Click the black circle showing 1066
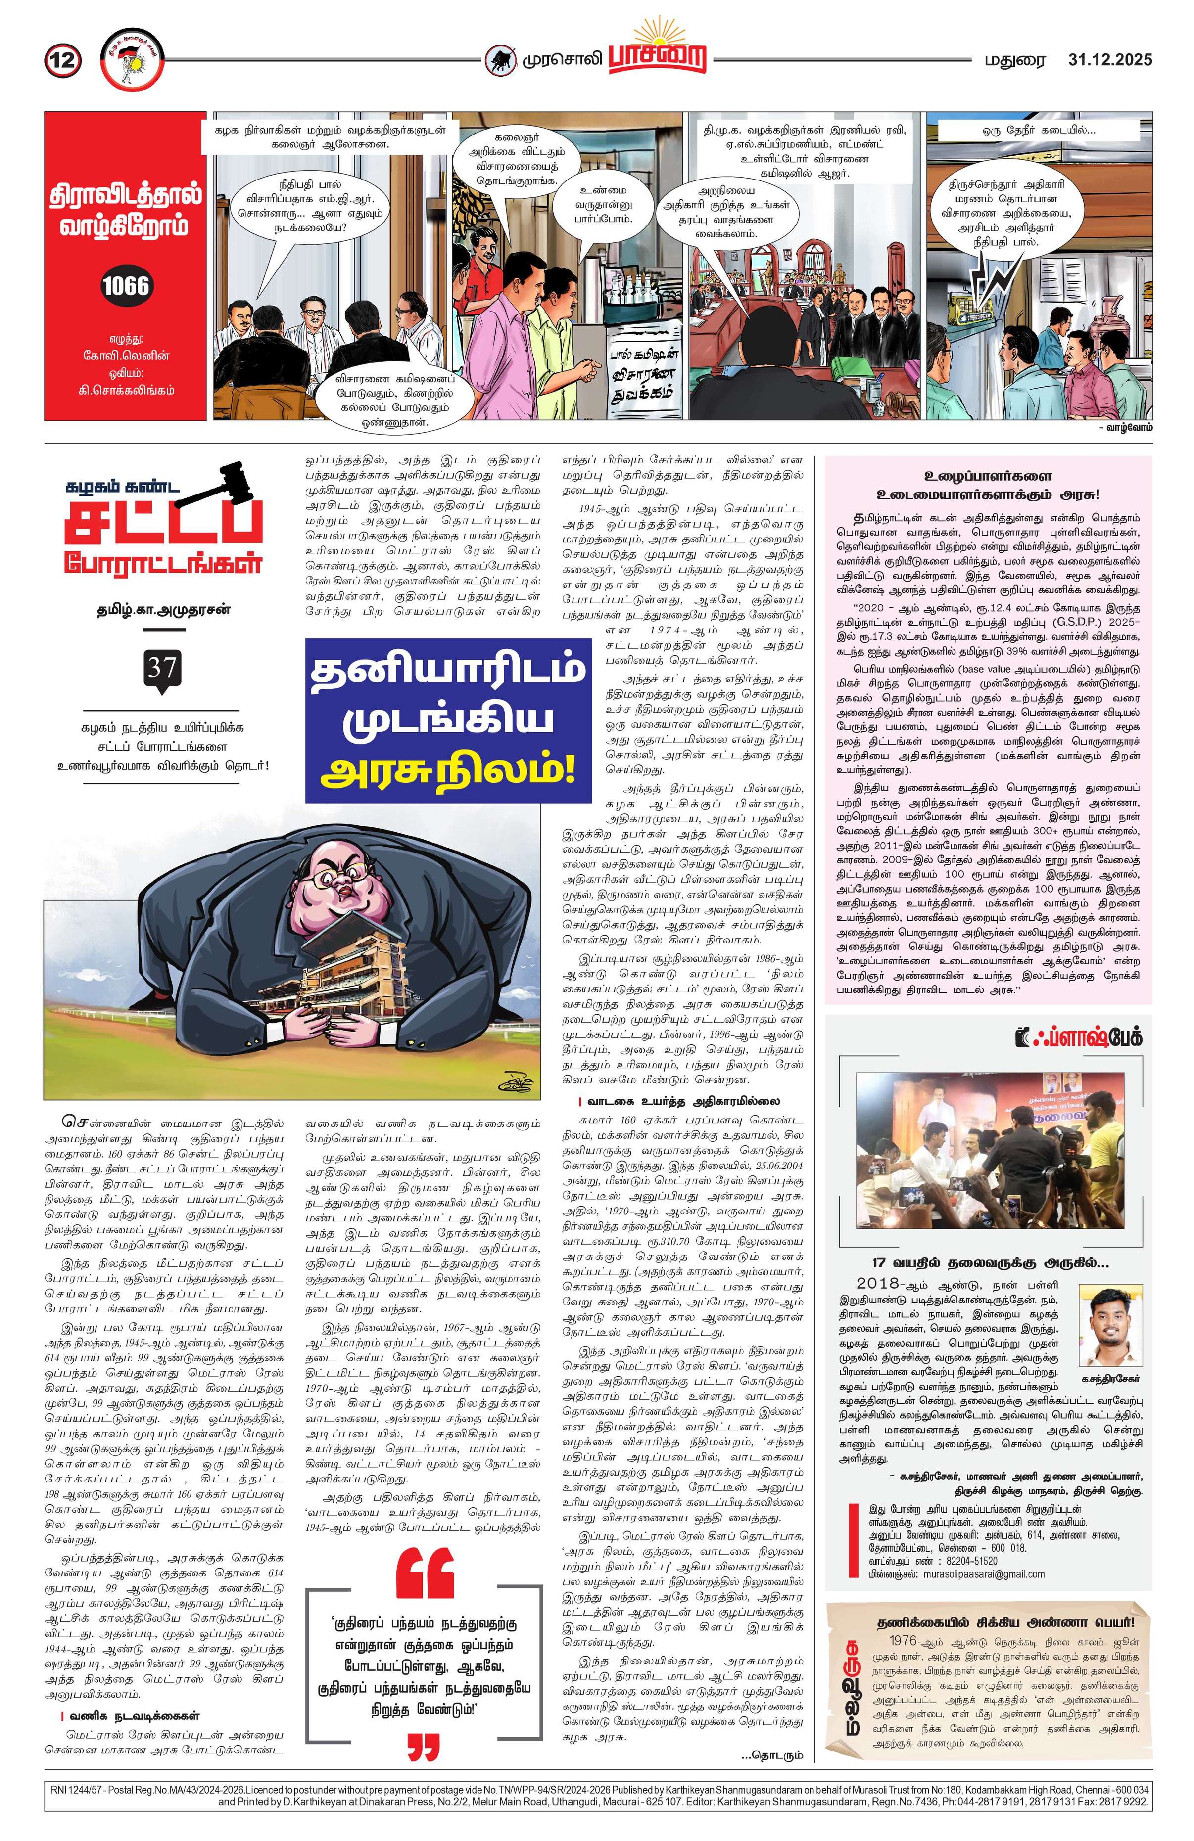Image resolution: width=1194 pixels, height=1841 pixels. coord(125,286)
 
